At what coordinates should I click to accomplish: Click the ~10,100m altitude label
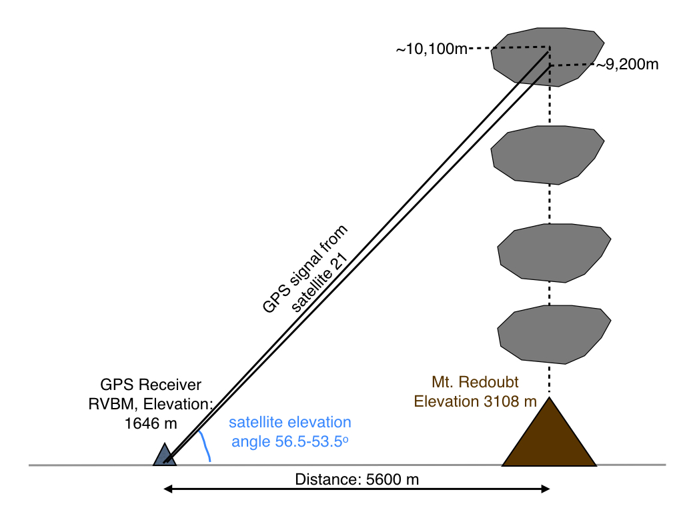432,50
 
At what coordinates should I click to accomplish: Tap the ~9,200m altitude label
627,65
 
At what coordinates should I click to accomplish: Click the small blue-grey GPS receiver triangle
164,455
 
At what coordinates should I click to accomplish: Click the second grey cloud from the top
548,154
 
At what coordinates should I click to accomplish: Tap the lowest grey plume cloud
554,335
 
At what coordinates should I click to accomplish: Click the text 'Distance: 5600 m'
357,479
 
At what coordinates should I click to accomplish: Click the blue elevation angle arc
205,445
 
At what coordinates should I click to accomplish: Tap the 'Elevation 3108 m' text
475,401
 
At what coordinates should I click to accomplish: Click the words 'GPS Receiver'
151,385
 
